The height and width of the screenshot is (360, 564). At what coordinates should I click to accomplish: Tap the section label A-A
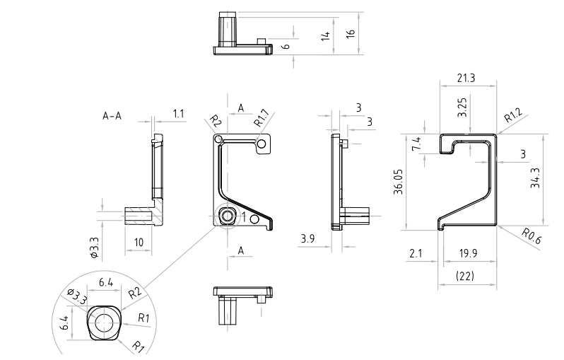(112, 116)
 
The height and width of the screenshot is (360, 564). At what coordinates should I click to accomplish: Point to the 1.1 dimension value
(178, 113)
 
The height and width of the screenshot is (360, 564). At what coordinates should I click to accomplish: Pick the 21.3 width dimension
(466, 78)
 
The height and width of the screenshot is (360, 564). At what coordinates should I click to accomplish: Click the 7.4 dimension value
(416, 145)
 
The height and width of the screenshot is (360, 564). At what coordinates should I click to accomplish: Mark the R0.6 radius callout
(531, 236)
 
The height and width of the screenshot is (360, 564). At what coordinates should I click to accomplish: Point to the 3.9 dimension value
(307, 239)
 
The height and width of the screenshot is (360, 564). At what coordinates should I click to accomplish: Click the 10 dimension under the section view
(139, 242)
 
